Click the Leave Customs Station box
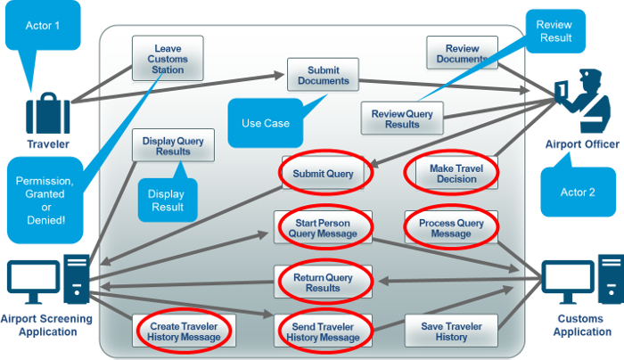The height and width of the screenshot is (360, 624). coord(168,56)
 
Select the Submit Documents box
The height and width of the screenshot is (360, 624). coord(323,76)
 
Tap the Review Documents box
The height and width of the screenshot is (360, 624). coord(462,53)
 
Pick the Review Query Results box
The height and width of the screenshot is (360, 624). coord(401,119)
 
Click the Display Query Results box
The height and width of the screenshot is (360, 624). coord(173,145)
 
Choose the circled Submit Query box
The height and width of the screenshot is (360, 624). coord(323,174)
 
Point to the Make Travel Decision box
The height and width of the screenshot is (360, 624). coord(453,173)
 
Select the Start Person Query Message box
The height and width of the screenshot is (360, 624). coord(323,227)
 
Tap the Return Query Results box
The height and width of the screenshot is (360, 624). coord(323,282)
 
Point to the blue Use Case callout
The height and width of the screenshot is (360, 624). coord(265,122)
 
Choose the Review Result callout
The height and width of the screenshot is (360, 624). coord(554,32)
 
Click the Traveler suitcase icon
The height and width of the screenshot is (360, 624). coord(46,113)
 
